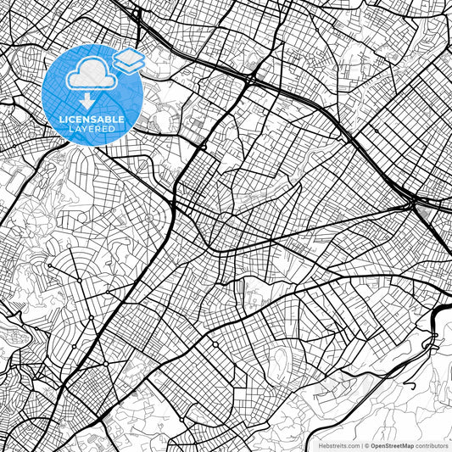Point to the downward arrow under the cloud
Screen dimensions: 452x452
point(88,100)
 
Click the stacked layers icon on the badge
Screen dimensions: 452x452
point(128,60)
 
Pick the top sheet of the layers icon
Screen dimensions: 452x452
point(128,55)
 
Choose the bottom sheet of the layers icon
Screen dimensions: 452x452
point(128,67)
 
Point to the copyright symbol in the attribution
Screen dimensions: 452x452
point(367,444)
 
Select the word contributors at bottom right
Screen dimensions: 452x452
point(432,444)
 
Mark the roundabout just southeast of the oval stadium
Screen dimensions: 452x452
point(204,146)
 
